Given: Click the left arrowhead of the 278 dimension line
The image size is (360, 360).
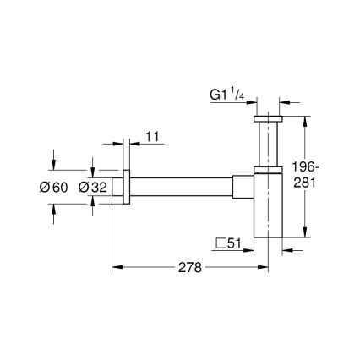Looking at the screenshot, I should point(117,267).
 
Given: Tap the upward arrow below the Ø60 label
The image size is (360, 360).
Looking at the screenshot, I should point(55,208).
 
